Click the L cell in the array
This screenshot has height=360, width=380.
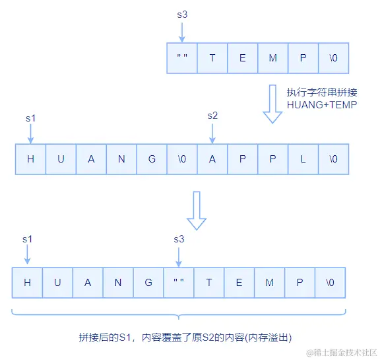pyautogui.click(x=303, y=159)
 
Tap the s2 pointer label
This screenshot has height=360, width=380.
pyautogui.click(x=212, y=116)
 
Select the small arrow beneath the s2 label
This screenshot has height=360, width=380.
pyautogui.click(x=212, y=133)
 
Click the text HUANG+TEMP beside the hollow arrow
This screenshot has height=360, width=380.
pyautogui.click(x=322, y=104)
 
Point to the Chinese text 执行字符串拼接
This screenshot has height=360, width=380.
pyautogui.click(x=321, y=92)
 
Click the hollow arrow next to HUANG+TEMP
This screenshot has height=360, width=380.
pyautogui.click(x=272, y=104)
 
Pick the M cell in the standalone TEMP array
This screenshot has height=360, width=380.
pyautogui.click(x=272, y=58)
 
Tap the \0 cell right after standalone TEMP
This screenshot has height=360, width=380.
pyautogui.click(x=333, y=58)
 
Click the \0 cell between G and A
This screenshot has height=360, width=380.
pyautogui.click(x=182, y=159)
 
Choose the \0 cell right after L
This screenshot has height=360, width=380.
pyautogui.click(x=333, y=159)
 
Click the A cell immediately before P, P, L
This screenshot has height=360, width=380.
pyautogui.click(x=212, y=159)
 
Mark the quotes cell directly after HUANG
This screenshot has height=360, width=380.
pyautogui.click(x=178, y=282)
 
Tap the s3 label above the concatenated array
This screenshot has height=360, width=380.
pyautogui.click(x=179, y=238)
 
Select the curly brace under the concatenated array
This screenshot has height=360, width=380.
pyautogui.click(x=178, y=313)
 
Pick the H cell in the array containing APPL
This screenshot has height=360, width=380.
pyautogui.click(x=30, y=159)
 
